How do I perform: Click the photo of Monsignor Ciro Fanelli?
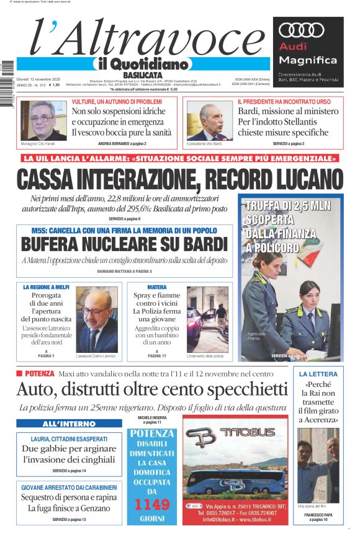tap(43, 120)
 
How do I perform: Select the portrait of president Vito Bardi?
tap(211, 122)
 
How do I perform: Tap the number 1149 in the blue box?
tap(151, 505)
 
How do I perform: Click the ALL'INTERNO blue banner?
tap(69, 424)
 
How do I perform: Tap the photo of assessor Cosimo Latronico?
tap(96, 319)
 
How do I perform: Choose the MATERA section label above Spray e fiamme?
tap(157, 288)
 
